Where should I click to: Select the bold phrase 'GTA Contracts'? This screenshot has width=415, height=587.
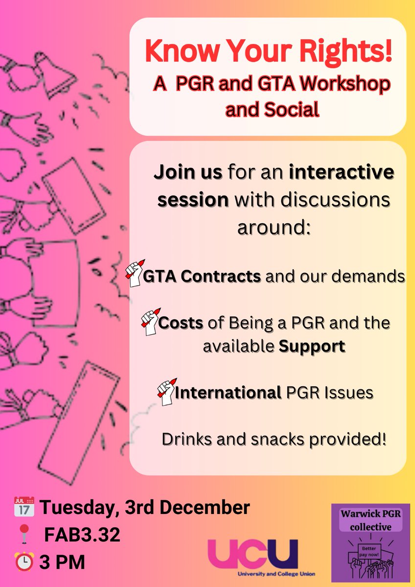pos(202,276)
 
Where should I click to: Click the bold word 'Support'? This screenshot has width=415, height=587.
pos(312,346)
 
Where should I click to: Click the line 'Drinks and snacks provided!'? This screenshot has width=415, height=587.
pos(274,439)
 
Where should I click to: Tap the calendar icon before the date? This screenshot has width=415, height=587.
pos(24,507)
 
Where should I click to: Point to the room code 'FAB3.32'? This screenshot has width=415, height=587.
pos(82,535)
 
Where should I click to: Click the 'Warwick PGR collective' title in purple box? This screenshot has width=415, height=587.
pos(370,520)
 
